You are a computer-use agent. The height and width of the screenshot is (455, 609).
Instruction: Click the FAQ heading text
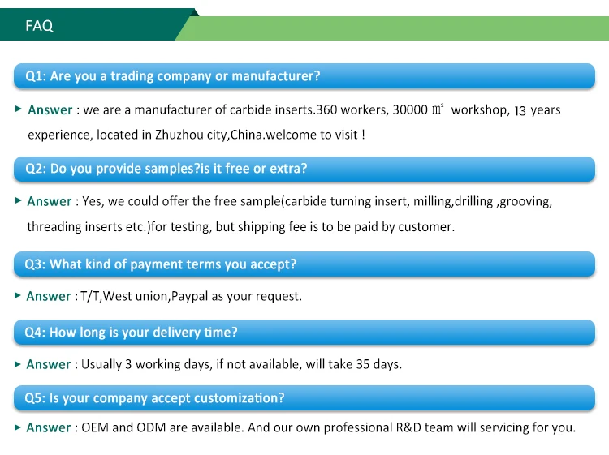click(x=39, y=26)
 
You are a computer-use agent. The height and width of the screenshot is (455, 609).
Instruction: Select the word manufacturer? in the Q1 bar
click(x=276, y=76)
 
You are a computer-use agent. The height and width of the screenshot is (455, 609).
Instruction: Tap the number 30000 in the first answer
click(x=410, y=110)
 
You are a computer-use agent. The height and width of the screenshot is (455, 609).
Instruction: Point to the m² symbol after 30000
click(x=438, y=109)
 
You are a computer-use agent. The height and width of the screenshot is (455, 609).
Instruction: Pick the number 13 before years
click(x=520, y=111)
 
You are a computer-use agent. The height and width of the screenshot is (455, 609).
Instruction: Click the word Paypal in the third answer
click(x=189, y=297)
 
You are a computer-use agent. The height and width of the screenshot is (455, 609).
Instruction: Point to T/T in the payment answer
click(x=90, y=296)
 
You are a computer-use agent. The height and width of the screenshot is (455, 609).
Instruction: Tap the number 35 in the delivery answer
click(x=363, y=365)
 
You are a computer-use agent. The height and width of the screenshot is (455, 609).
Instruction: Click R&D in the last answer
click(x=408, y=428)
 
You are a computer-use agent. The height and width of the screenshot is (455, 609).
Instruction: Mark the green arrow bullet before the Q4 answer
click(x=18, y=364)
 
